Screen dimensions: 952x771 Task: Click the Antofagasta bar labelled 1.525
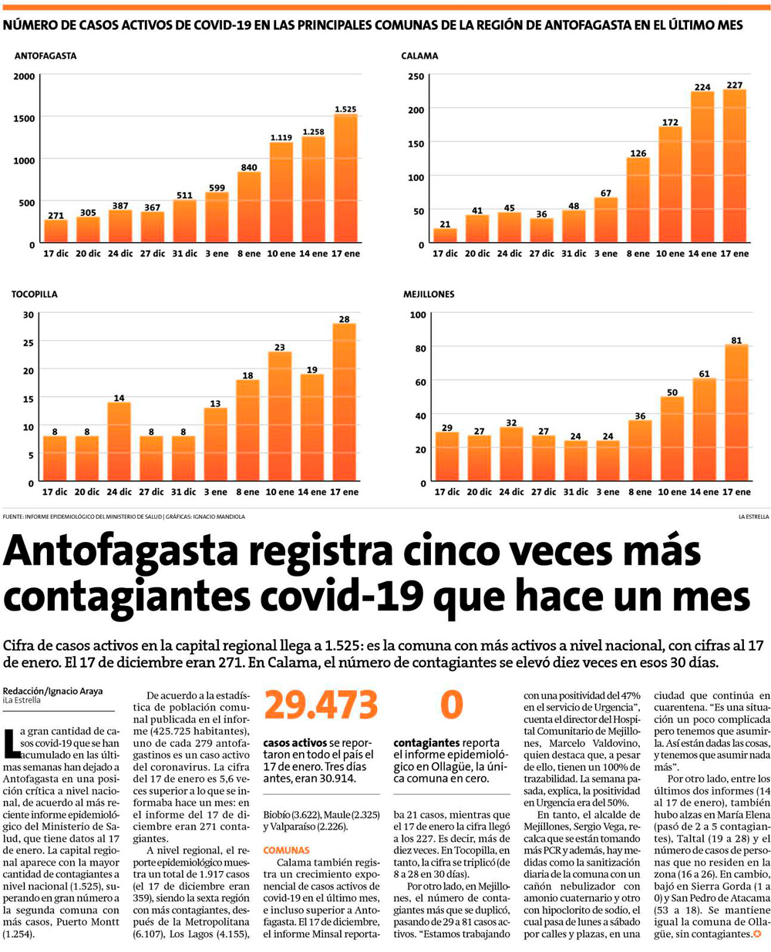pyautogui.click(x=345, y=179)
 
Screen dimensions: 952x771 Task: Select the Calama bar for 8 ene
pyautogui.click(x=638, y=200)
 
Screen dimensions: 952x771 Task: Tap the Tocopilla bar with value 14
pyautogui.click(x=119, y=442)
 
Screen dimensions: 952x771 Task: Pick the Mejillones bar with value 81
pyautogui.click(x=736, y=413)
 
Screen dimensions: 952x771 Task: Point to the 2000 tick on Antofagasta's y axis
pyautogui.click(x=24, y=76)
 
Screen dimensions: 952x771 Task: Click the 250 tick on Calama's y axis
pyautogui.click(x=416, y=76)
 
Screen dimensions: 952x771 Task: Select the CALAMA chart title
pyautogui.click(x=419, y=56)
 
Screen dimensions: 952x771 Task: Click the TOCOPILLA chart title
pyautogui.click(x=34, y=294)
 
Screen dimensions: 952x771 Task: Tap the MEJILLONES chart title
pyautogui.click(x=429, y=294)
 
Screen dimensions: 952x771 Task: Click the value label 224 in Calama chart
pyautogui.click(x=702, y=87)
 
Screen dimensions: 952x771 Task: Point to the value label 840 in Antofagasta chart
pyautogui.click(x=248, y=167)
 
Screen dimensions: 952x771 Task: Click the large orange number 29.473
pyautogui.click(x=321, y=705)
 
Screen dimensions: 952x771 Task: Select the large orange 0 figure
pyautogui.click(x=451, y=705)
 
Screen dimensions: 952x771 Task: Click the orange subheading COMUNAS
pyautogui.click(x=286, y=850)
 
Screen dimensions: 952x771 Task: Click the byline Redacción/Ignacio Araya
pyautogui.click(x=52, y=691)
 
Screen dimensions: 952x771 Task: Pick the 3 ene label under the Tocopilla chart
pyautogui.click(x=215, y=492)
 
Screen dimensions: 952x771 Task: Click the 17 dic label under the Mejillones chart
pyautogui.click(x=446, y=492)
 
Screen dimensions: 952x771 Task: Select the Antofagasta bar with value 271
pyautogui.click(x=56, y=231)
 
